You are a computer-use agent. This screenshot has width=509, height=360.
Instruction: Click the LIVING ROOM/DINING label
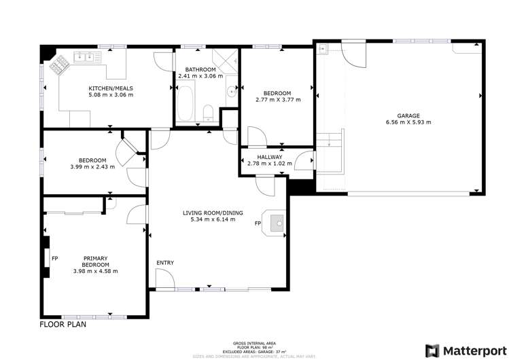tap(209, 213)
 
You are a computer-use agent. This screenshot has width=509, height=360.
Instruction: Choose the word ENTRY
tap(165, 263)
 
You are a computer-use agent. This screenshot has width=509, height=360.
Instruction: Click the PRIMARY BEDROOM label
tap(95, 261)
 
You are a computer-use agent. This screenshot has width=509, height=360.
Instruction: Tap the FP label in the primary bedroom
tap(54, 259)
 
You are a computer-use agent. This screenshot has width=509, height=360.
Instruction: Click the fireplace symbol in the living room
tap(277, 222)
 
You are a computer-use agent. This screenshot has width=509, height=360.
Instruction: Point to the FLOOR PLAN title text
tap(63, 325)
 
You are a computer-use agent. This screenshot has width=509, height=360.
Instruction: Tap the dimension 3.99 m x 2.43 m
tap(92, 166)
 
